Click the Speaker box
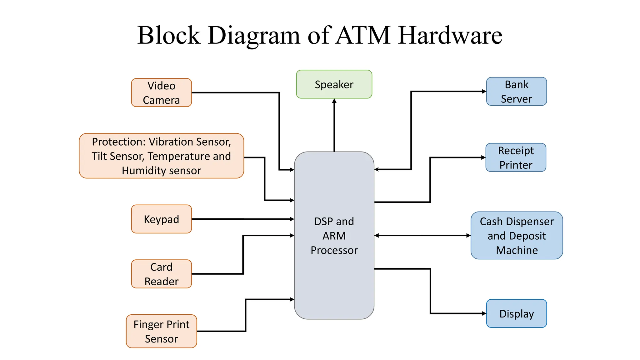tap(334, 84)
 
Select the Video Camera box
tap(161, 93)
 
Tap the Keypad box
tap(161, 219)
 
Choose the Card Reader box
tap(161, 274)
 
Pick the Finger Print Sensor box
tap(161, 331)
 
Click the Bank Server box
tap(516, 92)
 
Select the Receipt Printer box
tap(516, 157)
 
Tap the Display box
tap(516, 313)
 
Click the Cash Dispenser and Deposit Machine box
tap(517, 236)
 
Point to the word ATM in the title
tap(363, 35)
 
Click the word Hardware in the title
tap(450, 35)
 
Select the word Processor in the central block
tap(334, 250)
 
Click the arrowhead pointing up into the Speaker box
tap(334, 101)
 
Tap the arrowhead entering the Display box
tap(484, 313)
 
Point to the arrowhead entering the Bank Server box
tap(484, 92)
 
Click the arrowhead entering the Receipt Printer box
tap(483, 157)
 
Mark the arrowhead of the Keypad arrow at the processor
tap(292, 219)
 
